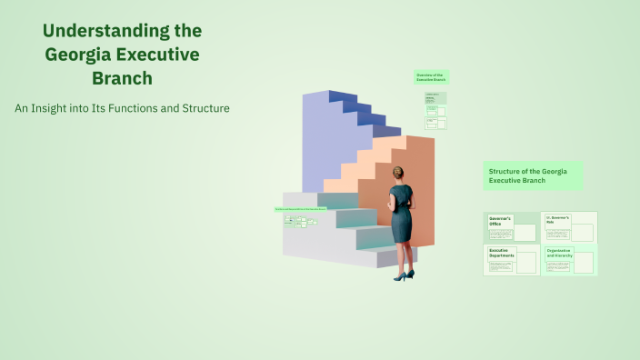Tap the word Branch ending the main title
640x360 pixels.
pyautogui.click(x=122, y=78)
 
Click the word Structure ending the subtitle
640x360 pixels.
pyautogui.click(x=204, y=108)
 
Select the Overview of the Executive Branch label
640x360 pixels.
pyautogui.click(x=431, y=77)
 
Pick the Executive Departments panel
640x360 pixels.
pyautogui.click(x=512, y=259)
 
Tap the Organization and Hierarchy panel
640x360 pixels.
pyautogui.click(x=569, y=260)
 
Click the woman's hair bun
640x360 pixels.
pyautogui.click(x=398, y=171)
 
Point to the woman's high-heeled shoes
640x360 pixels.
pyautogui.click(x=404, y=275)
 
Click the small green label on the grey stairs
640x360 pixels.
pyautogui.click(x=300, y=209)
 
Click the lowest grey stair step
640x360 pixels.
pyautogui.click(x=345, y=258)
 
